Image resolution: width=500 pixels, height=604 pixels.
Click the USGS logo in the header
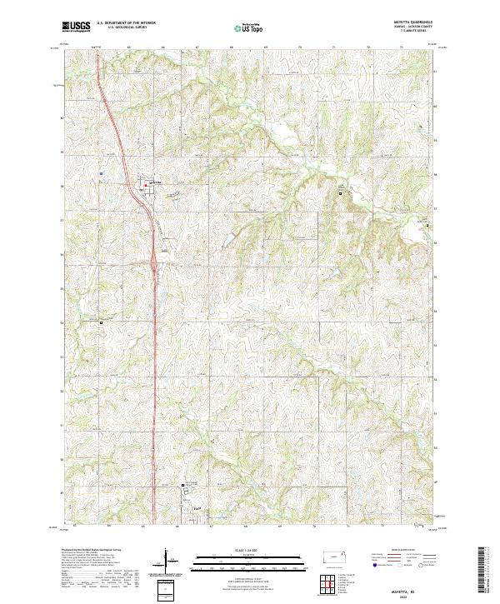click(x=76, y=27)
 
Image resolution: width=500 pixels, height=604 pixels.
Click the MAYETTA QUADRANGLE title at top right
click(x=413, y=22)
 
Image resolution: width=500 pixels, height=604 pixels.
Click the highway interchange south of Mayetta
click(x=156, y=265)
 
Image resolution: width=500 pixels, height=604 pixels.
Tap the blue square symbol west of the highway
click(x=101, y=173)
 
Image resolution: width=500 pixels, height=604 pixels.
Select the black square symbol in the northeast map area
click(x=340, y=193)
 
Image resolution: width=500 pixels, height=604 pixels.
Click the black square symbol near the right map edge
click(x=428, y=226)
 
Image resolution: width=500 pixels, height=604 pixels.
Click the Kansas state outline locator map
click(x=334, y=557)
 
